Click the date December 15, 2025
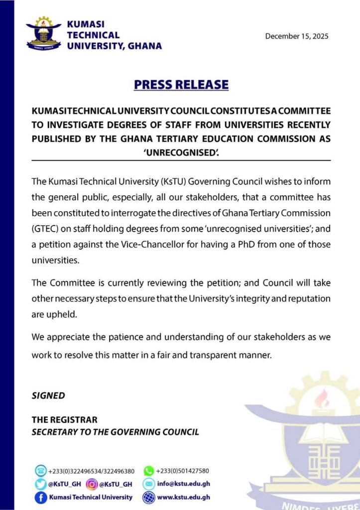pos(297,36)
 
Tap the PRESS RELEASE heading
pos(181,85)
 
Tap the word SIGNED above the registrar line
pos(48,396)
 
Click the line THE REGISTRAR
pos(65,420)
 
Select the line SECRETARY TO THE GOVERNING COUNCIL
pos(116,432)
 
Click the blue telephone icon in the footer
pos(40,471)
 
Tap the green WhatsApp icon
pos(148,471)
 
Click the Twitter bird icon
pos(40,484)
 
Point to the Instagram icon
pos(92,484)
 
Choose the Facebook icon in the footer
pos(40,497)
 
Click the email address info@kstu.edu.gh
pos(183,484)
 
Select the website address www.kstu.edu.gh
pos(184,497)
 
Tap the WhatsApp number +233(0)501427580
pos(182,471)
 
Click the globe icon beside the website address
pos(148,497)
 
